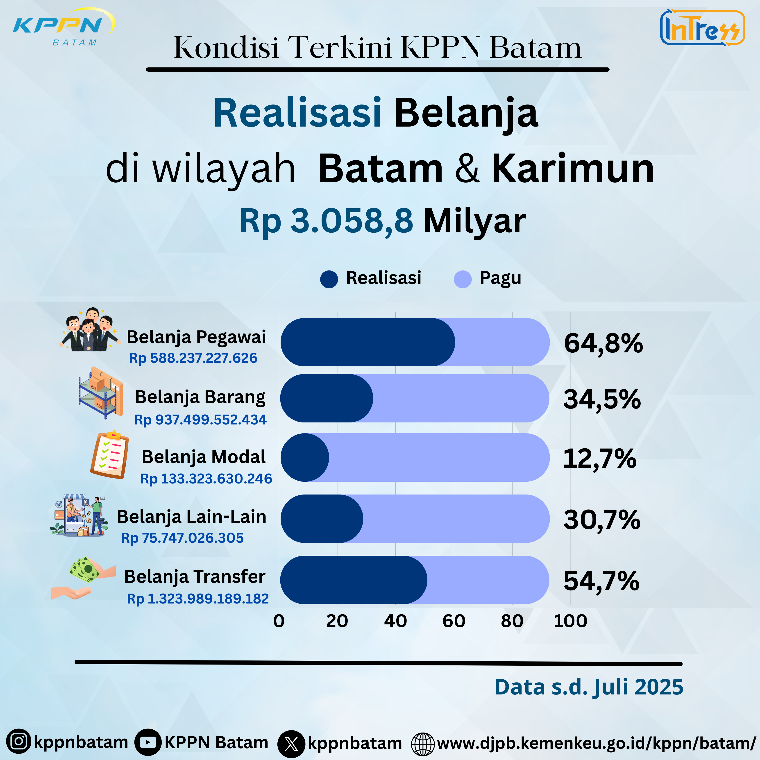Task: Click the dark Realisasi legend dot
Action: pos(329,279)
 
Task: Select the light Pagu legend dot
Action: pos(463,279)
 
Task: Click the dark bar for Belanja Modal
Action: pos(304,458)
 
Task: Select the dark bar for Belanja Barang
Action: pos(327,398)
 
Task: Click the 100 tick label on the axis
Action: pos(570,621)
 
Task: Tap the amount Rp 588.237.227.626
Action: pos(193,358)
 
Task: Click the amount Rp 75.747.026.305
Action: pos(182,538)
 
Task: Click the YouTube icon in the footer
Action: pos(148,742)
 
